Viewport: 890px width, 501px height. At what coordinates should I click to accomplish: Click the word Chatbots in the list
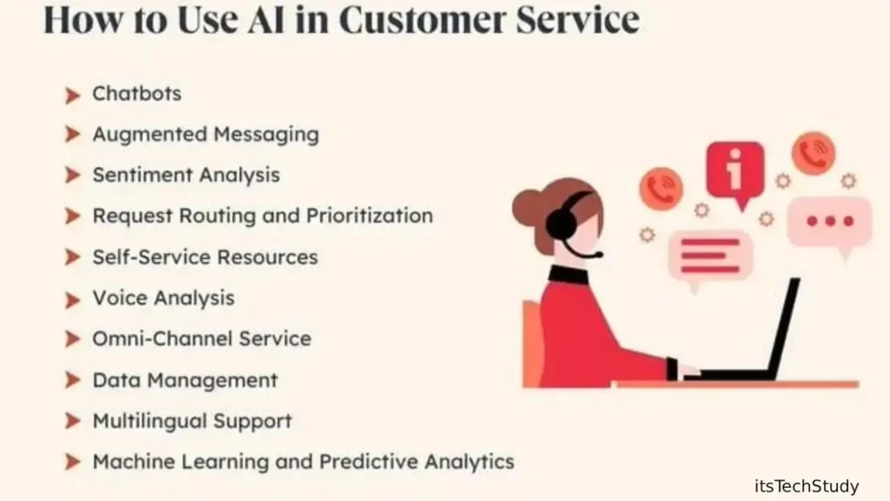(136, 94)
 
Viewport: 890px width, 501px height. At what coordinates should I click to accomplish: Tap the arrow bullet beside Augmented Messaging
(72, 135)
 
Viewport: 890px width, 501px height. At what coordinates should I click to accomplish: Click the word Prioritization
(369, 216)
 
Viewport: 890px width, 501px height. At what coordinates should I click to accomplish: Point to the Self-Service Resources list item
(205, 257)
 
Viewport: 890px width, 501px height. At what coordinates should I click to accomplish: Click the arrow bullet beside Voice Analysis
(72, 299)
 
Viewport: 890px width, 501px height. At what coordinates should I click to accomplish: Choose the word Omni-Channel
(162, 339)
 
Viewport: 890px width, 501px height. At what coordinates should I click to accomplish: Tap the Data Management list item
(185, 380)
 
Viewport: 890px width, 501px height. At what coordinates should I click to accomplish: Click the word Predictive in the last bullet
(372, 462)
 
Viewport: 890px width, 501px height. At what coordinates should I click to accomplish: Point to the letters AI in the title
(266, 20)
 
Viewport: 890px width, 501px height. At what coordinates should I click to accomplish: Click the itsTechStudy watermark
(807, 486)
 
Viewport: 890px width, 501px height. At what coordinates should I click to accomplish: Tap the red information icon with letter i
(734, 170)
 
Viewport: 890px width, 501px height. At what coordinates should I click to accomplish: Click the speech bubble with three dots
(829, 223)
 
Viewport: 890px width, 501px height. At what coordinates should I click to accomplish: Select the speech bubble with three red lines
(710, 257)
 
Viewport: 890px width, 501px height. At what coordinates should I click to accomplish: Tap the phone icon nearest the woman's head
(661, 189)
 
